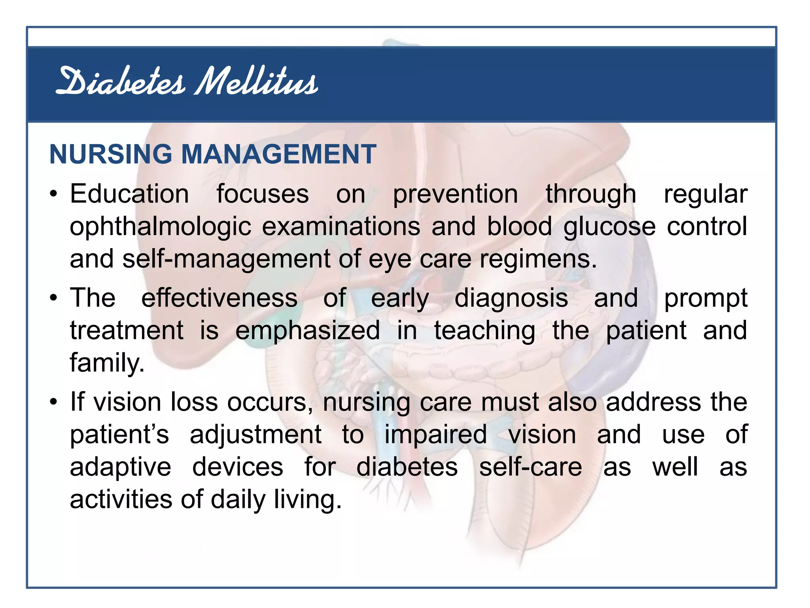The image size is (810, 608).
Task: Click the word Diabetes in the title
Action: point(120,82)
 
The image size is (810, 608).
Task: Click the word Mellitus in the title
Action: point(256,82)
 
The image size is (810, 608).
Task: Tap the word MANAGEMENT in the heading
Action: point(278,154)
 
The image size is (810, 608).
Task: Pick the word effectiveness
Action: point(220,298)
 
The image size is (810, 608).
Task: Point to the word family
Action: point(107,363)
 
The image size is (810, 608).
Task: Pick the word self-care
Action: point(530,467)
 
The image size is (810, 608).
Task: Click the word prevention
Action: point(455,195)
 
